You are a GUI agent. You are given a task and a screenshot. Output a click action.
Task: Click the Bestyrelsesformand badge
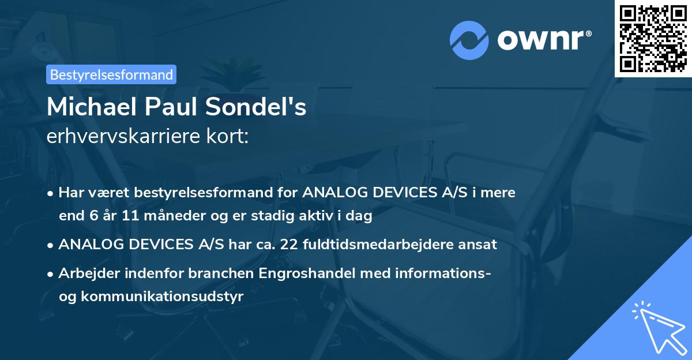(111, 74)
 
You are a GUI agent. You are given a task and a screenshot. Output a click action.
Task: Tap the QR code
(653, 39)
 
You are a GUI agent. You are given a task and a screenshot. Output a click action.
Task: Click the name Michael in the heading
(89, 107)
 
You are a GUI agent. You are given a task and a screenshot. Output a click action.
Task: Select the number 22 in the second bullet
(292, 244)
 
